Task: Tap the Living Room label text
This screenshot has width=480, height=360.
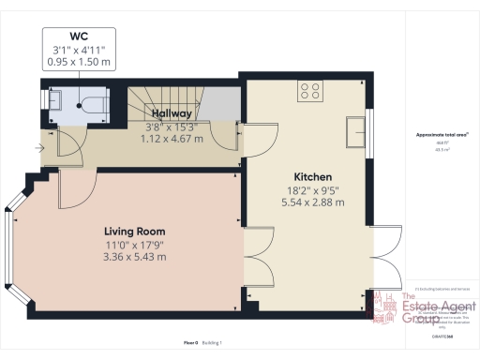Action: tap(134, 231)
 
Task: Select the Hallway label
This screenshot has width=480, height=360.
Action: tap(172, 113)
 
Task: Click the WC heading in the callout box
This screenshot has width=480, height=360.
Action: tap(80, 38)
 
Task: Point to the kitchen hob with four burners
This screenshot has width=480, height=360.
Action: tap(310, 91)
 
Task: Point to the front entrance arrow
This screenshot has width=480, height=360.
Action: tap(38, 147)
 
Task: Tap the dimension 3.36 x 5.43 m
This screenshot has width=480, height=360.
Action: tap(134, 257)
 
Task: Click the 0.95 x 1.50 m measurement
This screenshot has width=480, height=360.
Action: tap(80, 62)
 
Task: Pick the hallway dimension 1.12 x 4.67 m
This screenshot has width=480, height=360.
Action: tap(172, 137)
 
